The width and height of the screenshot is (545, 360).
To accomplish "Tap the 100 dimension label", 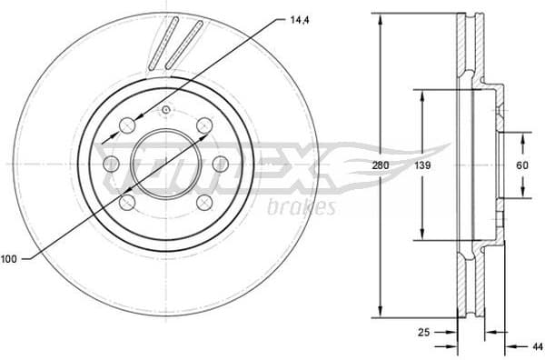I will (10, 259).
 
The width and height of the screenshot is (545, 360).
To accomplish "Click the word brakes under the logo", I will (302, 207).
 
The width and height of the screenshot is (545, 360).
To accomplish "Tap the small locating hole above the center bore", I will (165, 111).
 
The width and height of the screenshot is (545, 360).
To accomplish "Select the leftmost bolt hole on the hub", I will (111, 164).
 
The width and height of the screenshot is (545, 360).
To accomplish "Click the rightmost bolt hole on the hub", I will (220, 164).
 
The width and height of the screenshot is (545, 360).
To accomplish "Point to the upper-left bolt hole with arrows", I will (129, 125).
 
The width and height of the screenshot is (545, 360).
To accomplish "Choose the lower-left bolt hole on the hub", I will (129, 202).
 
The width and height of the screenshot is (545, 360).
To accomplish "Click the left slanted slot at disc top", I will (165, 43).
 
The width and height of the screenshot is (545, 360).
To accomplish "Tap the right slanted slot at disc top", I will (187, 43).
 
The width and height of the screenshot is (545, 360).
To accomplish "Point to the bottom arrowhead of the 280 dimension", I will (379, 313).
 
